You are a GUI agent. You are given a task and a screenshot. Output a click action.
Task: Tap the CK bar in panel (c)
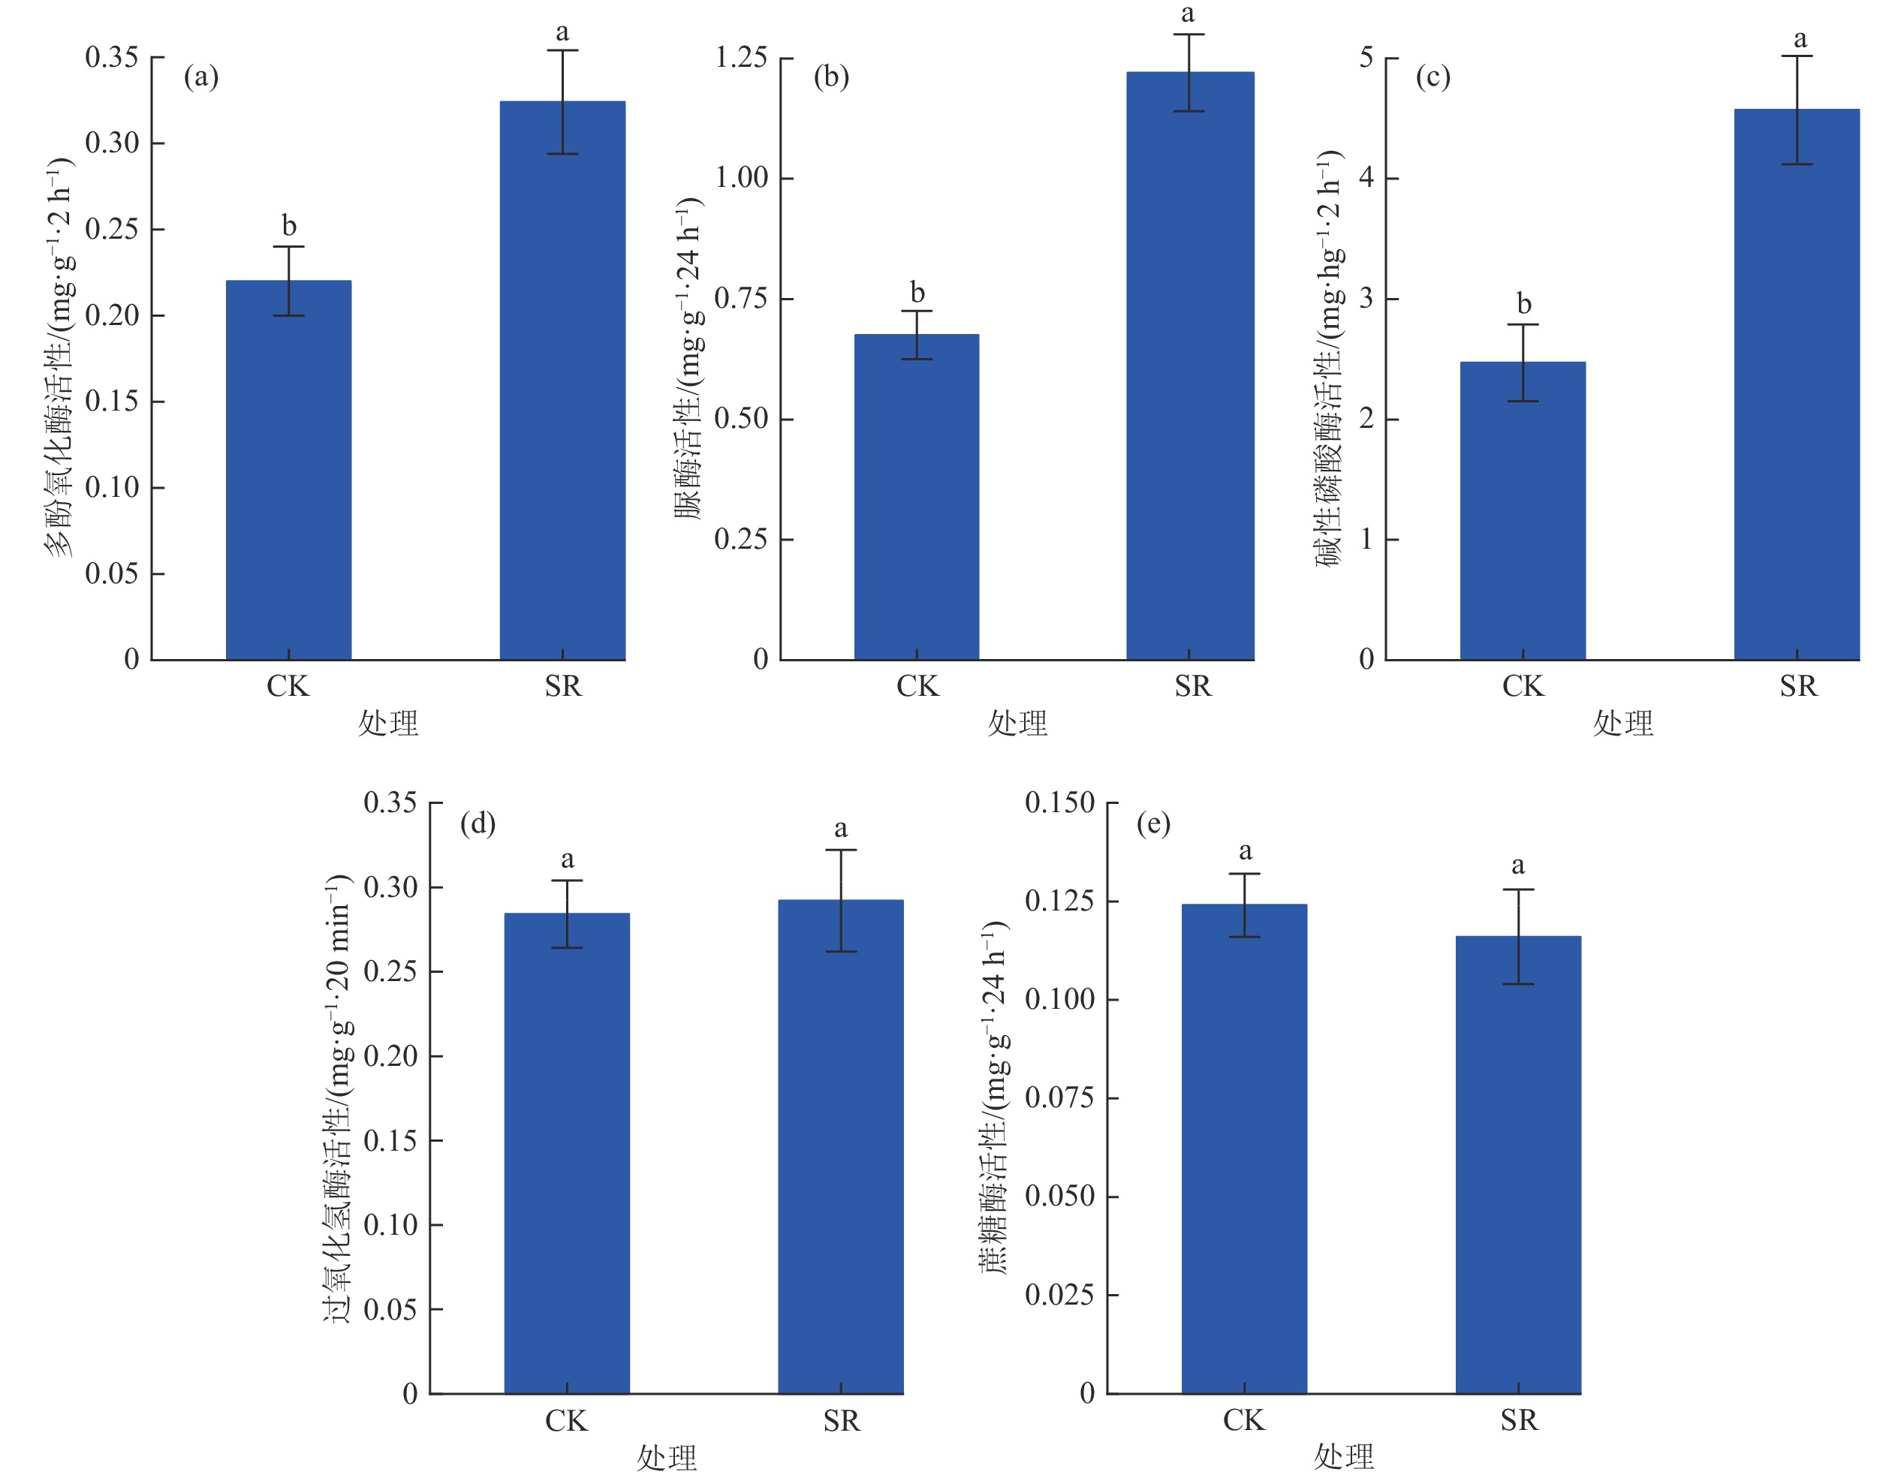[1522, 511]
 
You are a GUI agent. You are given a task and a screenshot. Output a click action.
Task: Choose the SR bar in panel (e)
[1518, 1164]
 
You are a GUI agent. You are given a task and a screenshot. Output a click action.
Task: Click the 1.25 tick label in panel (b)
[741, 58]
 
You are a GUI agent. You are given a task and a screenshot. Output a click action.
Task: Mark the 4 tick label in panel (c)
[1366, 178]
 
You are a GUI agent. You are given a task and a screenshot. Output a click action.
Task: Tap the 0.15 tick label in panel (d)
[390, 1141]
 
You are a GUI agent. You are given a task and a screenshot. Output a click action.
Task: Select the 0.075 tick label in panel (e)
[1059, 1097]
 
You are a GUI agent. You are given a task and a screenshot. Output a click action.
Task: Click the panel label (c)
[1433, 77]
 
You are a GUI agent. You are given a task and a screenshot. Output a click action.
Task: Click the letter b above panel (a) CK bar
[289, 226]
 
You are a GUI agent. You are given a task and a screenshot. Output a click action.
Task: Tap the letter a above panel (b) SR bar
[1188, 13]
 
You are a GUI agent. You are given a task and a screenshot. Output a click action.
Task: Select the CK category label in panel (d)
[567, 1421]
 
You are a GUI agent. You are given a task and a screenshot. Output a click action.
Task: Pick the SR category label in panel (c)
[1798, 686]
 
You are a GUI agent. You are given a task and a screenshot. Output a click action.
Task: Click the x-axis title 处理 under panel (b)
[1017, 723]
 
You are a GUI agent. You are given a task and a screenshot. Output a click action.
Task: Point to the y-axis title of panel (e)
[995, 1097]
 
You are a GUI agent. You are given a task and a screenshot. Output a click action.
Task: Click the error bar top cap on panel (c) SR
[1797, 56]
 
